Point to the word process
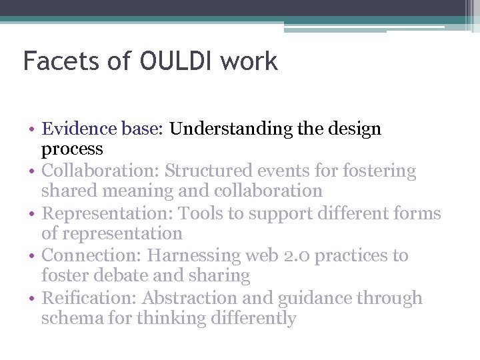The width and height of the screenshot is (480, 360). tap(72, 149)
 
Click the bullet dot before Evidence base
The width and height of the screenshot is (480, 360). tap(33, 129)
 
